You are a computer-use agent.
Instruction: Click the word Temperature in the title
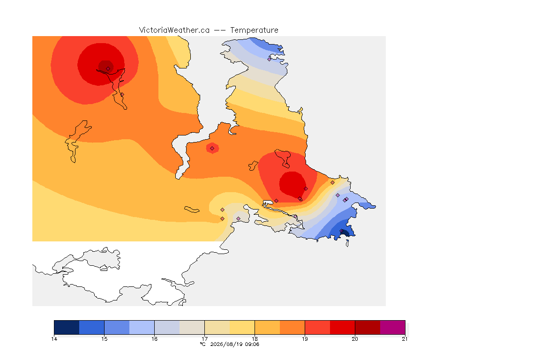pyautogui.click(x=254, y=30)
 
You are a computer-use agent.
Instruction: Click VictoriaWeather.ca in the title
pyautogui.click(x=174, y=30)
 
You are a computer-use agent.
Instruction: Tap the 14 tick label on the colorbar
pyautogui.click(x=54, y=339)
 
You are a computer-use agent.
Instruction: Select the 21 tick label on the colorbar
pyautogui.click(x=405, y=339)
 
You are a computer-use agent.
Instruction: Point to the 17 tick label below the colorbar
pyautogui.click(x=204, y=339)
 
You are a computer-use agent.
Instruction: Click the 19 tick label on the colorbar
pyautogui.click(x=305, y=339)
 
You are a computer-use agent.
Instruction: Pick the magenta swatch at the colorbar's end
pyautogui.click(x=393, y=327)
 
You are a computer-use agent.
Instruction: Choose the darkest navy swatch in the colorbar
pyautogui.click(x=67, y=327)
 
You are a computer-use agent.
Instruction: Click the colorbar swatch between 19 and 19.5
pyautogui.click(x=317, y=327)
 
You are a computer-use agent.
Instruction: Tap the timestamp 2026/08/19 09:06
pyautogui.click(x=234, y=344)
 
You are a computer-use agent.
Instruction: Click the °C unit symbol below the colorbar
pyautogui.click(x=203, y=344)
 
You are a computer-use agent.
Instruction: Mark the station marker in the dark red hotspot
pyautogui.click(x=108, y=69)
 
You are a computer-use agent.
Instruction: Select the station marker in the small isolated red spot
pyautogui.click(x=212, y=149)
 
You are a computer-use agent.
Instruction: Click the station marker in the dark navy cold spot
pyautogui.click(x=342, y=231)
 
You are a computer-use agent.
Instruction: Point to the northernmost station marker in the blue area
pyautogui.click(x=270, y=59)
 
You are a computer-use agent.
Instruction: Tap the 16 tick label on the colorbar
pyautogui.click(x=154, y=339)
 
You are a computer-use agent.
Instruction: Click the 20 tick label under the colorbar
pyautogui.click(x=355, y=339)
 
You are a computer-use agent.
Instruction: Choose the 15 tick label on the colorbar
pyautogui.click(x=105, y=339)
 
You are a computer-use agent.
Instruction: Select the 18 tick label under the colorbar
pyautogui.click(x=255, y=339)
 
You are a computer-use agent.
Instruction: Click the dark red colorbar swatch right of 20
pyautogui.click(x=367, y=327)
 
